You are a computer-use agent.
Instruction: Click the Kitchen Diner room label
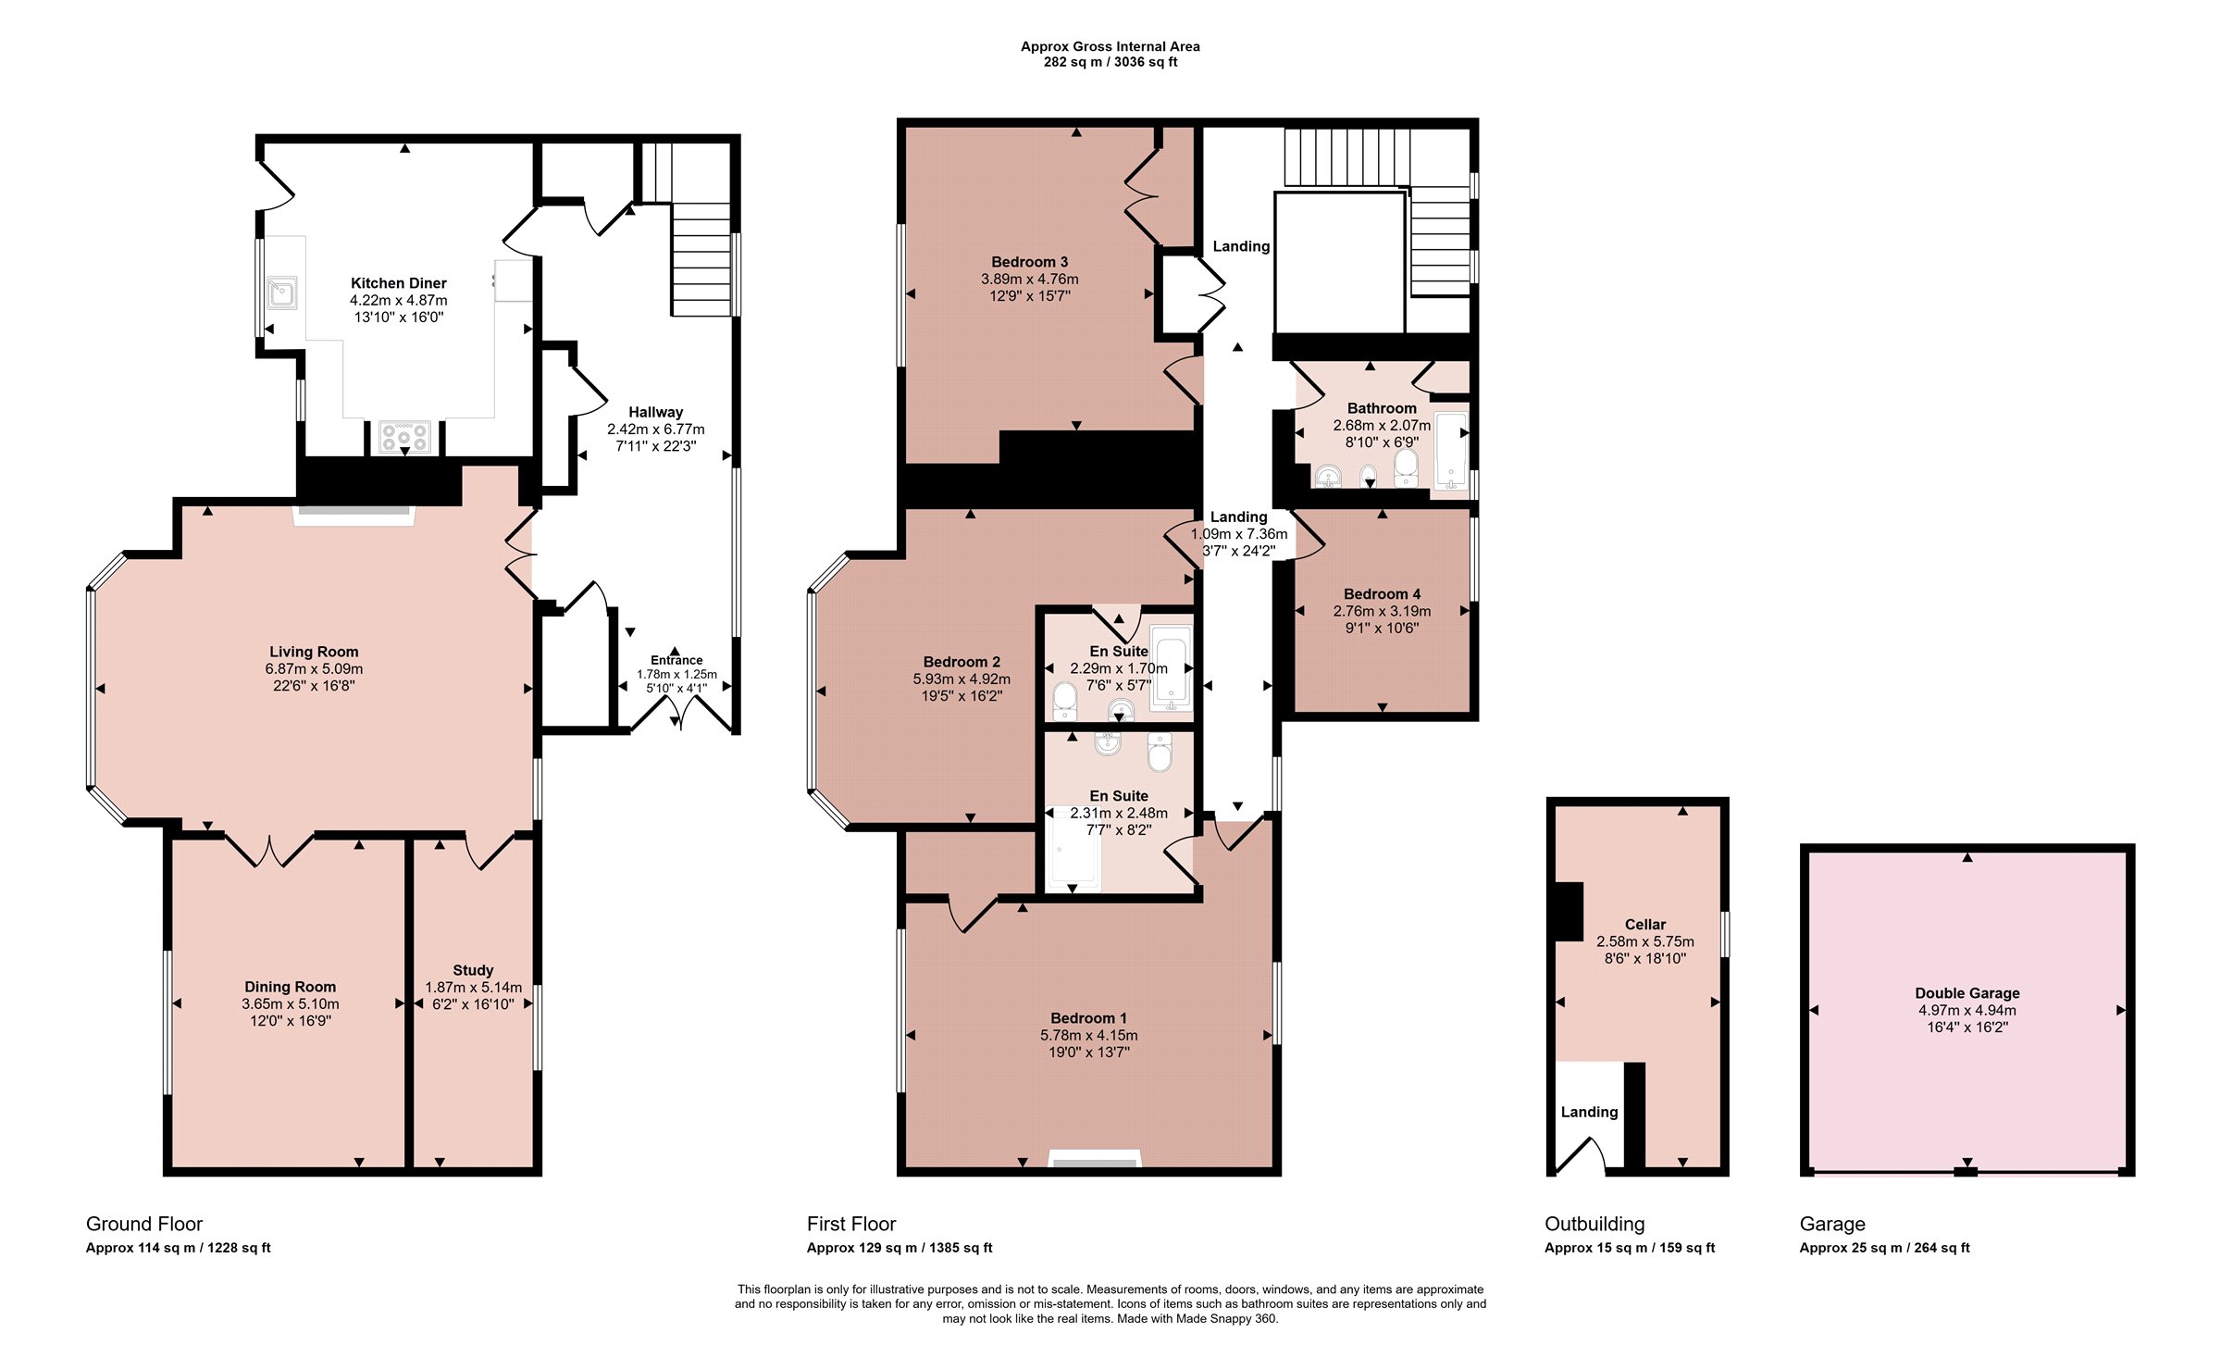click(x=398, y=283)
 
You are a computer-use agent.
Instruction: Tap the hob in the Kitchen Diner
click(x=404, y=437)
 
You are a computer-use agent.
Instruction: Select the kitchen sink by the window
click(x=282, y=293)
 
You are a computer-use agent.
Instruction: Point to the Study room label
click(x=473, y=970)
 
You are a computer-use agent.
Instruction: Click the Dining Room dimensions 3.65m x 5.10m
click(x=291, y=1003)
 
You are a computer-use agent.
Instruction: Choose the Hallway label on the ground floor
click(x=655, y=412)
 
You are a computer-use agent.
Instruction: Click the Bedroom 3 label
click(x=1029, y=262)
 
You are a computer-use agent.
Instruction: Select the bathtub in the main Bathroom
click(x=1451, y=450)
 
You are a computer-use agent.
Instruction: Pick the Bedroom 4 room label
click(x=1382, y=594)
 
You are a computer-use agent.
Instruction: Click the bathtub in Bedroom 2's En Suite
click(x=1170, y=667)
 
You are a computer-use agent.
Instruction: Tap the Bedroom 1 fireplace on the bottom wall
click(x=1095, y=1160)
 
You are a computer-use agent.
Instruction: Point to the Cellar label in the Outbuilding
click(x=1644, y=924)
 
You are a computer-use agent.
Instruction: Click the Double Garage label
click(x=1967, y=993)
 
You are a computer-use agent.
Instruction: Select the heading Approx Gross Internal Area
click(x=1110, y=46)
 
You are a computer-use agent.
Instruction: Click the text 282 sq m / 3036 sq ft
click(x=1110, y=62)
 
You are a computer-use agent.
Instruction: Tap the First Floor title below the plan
click(x=851, y=1224)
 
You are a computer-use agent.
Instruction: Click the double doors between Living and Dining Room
click(x=269, y=848)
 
